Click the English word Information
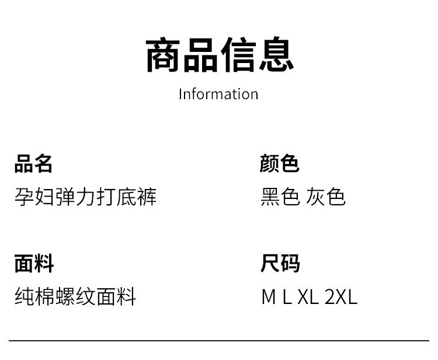218,94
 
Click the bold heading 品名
34,164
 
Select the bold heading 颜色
280,164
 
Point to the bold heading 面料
34,264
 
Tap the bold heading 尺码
280,264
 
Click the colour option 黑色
280,197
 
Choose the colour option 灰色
326,197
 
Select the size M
268,297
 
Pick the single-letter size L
286,297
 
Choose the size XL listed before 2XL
308,297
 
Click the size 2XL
340,297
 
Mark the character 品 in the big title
200,55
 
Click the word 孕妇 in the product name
34,197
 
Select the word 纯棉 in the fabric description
34,297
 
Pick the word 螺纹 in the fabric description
76,297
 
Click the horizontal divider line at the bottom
218,340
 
